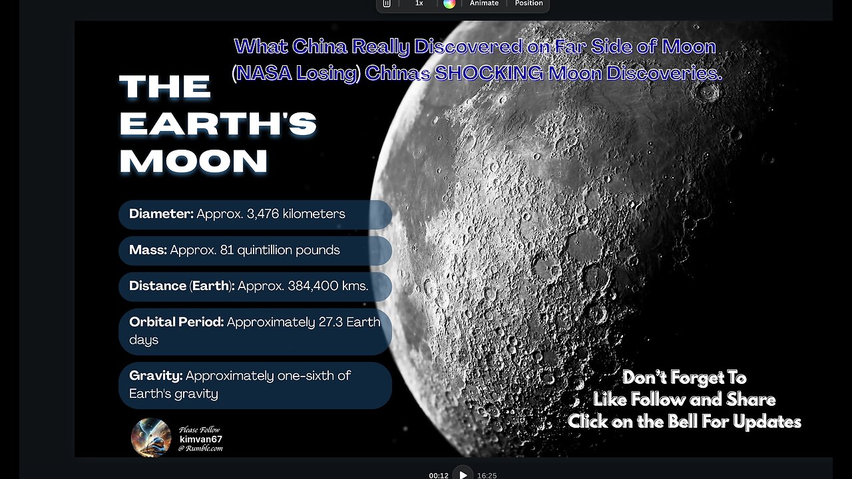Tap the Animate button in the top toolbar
(484, 3)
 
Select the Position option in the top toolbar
(529, 3)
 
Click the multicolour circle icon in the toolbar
(449, 3)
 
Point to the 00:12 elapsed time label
(439, 476)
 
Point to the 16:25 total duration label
(487, 476)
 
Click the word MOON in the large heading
(194, 162)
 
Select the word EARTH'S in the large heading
(218, 124)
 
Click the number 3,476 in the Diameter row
(271, 214)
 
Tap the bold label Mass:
(148, 250)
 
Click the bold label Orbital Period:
(176, 322)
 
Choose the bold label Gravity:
(156, 376)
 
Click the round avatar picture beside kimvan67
(151, 437)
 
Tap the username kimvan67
(200, 440)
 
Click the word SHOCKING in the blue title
(489, 74)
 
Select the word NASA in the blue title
(262, 74)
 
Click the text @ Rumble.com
(200, 449)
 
